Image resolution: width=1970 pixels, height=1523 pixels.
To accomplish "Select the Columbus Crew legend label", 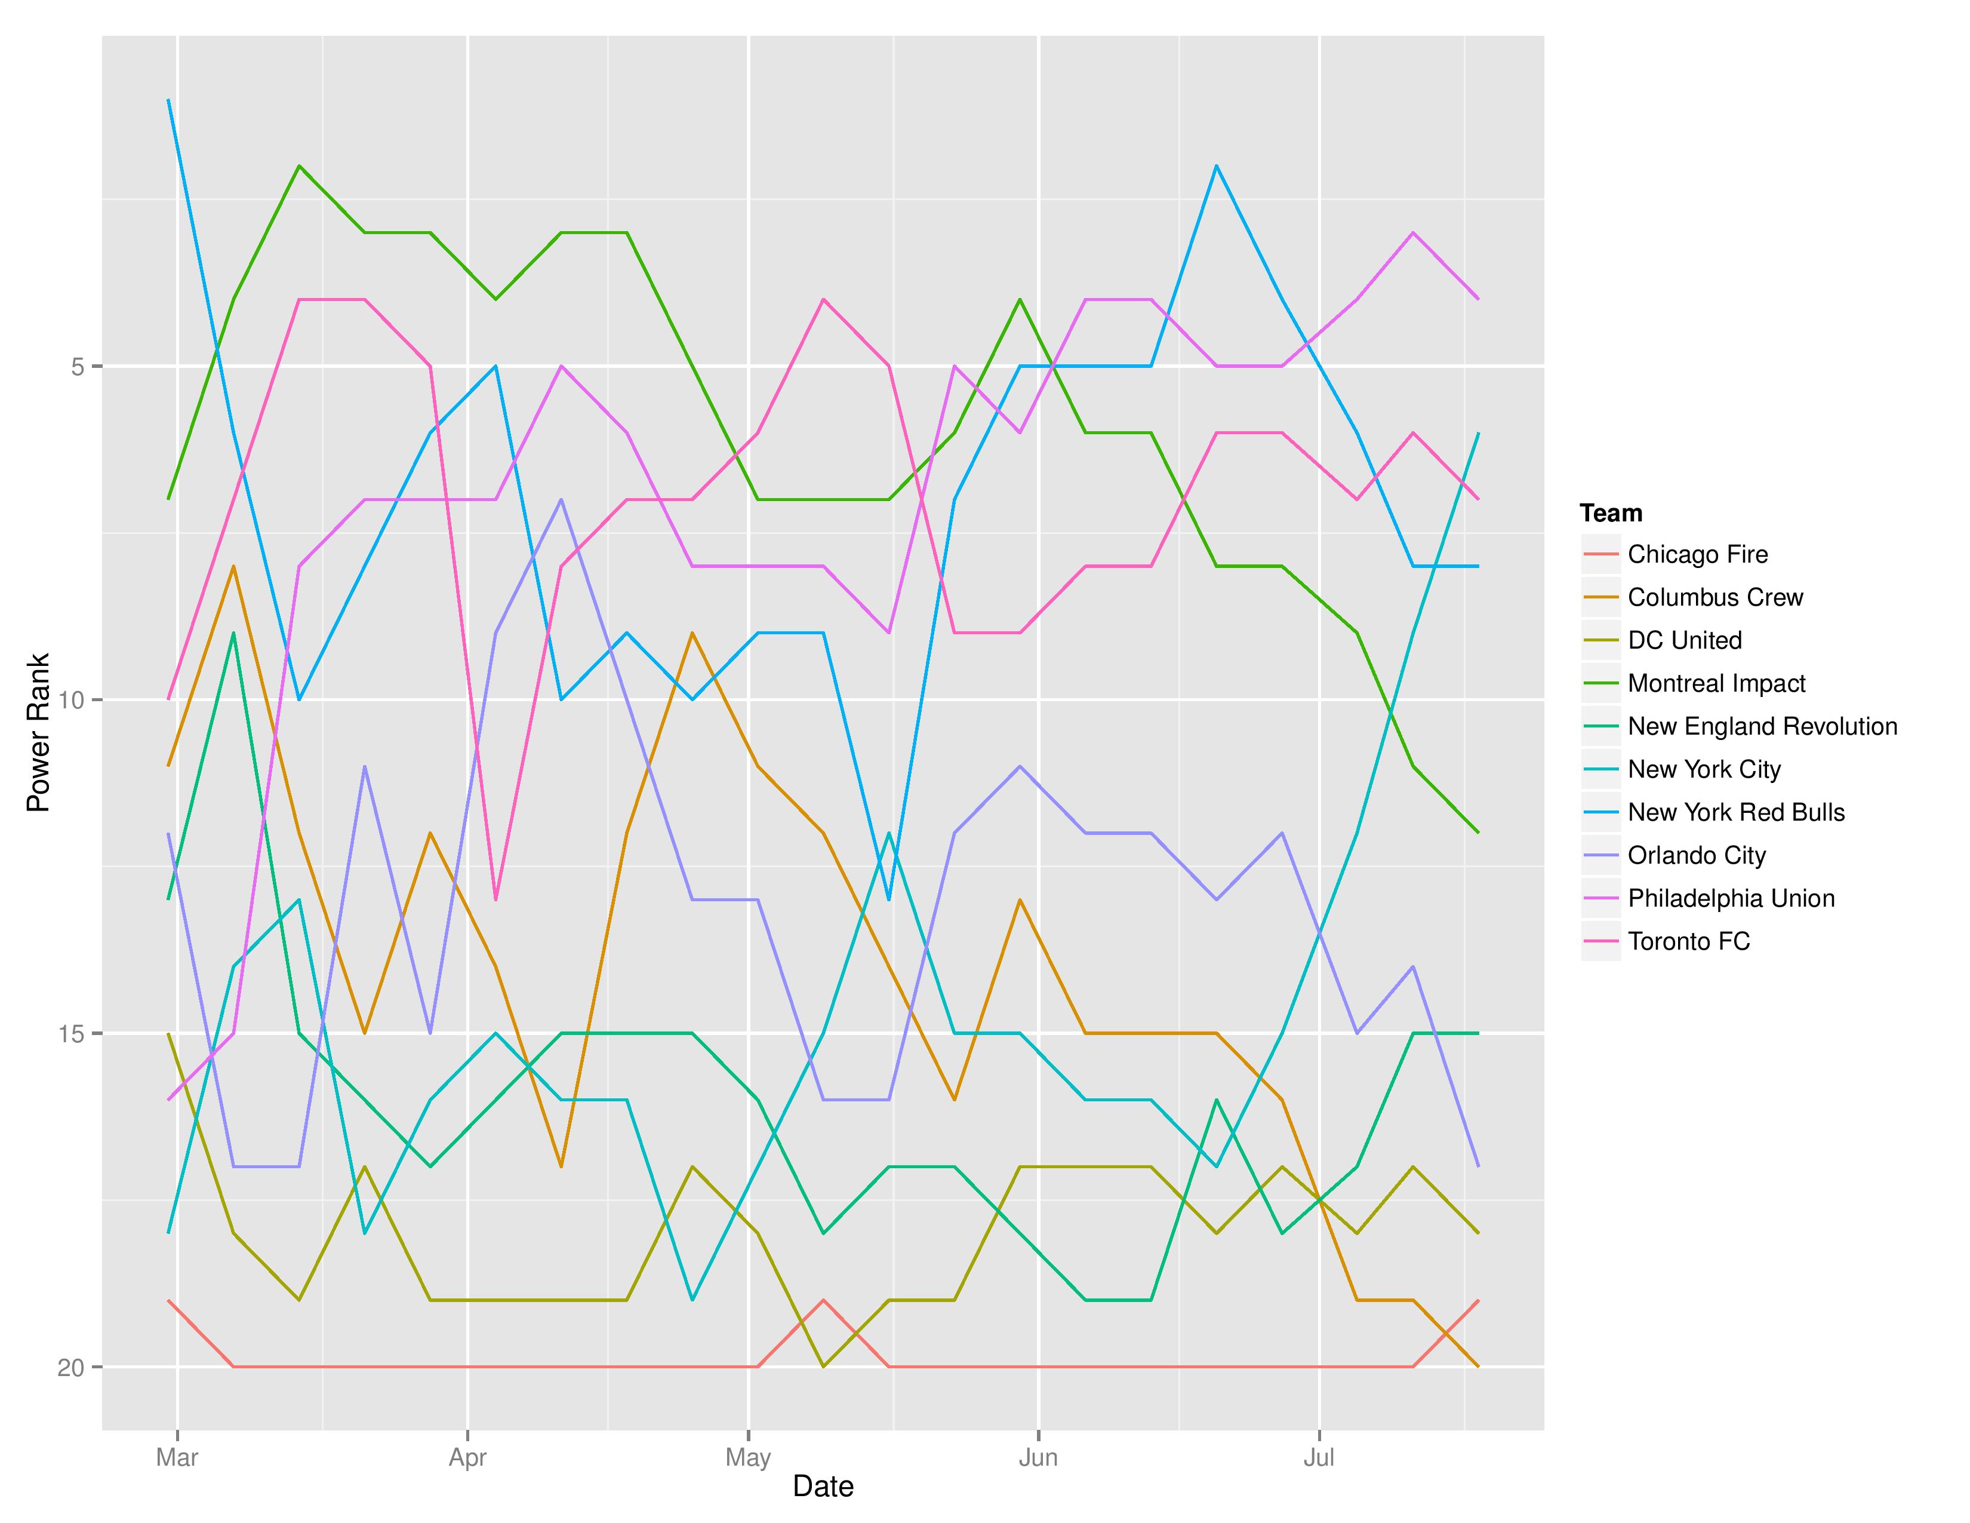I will click(x=1714, y=597).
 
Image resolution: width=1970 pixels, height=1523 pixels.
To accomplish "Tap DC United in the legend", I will click(x=1684, y=641).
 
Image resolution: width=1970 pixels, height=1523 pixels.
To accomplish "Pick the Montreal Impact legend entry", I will click(x=1716, y=683).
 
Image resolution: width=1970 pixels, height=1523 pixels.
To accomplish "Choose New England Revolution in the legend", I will click(x=1762, y=726).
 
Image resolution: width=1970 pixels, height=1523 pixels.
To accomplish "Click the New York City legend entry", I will click(x=1704, y=770).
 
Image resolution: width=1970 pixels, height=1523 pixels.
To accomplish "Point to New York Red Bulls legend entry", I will click(x=1735, y=812).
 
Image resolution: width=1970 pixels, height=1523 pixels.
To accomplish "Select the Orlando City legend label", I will click(x=1696, y=855).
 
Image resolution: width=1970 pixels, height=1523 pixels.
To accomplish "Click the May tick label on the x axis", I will click(x=748, y=1457).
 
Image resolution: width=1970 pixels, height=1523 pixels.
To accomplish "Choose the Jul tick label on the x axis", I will click(x=1319, y=1457).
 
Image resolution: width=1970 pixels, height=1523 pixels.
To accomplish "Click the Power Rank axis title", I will click(x=38, y=733).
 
